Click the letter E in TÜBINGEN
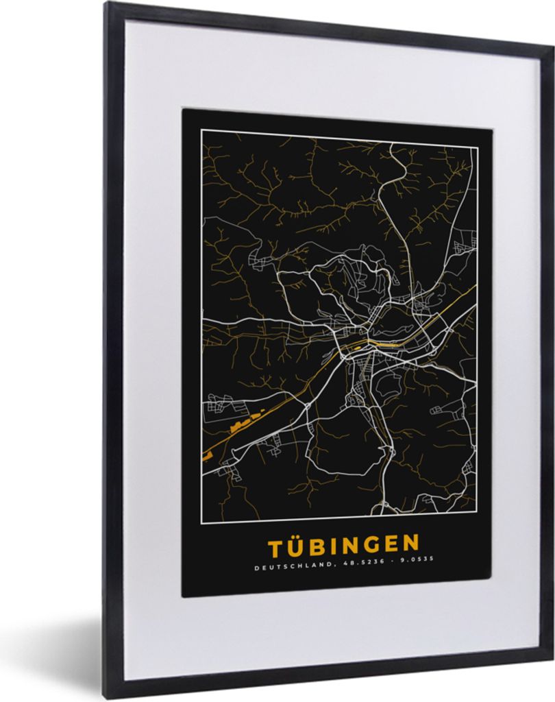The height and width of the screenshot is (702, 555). (387, 544)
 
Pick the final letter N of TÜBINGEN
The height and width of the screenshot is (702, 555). (408, 544)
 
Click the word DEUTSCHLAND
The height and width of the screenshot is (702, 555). (284, 567)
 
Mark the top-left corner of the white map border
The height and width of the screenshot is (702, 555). (201, 129)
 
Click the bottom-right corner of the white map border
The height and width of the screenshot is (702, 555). (476, 511)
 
